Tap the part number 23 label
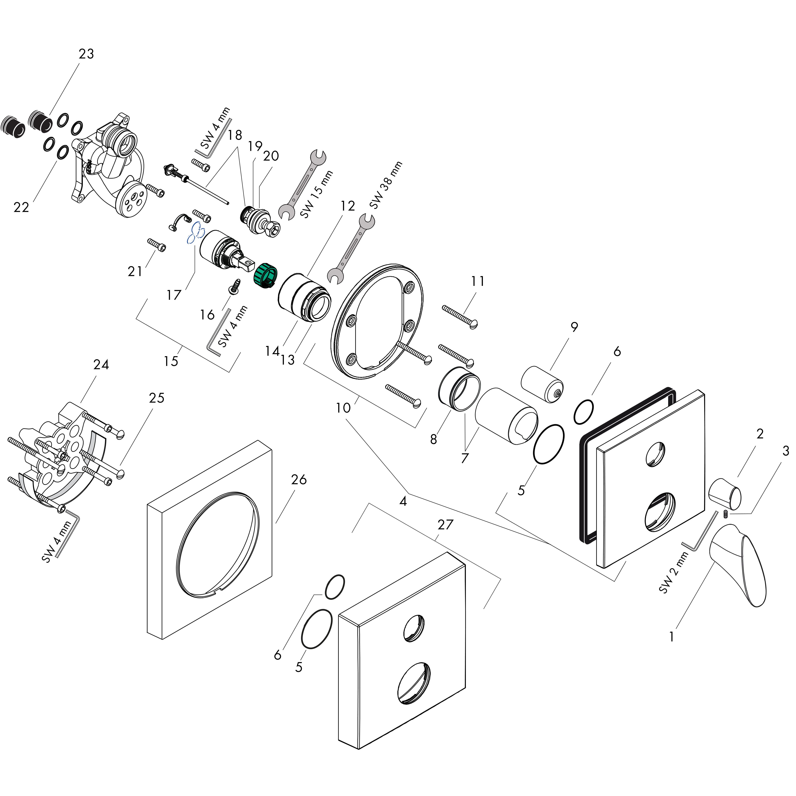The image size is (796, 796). click(x=86, y=54)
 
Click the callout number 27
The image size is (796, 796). click(x=445, y=525)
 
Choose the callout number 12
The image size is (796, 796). click(x=348, y=206)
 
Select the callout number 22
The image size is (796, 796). click(x=21, y=207)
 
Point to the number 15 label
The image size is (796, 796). click(x=171, y=361)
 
